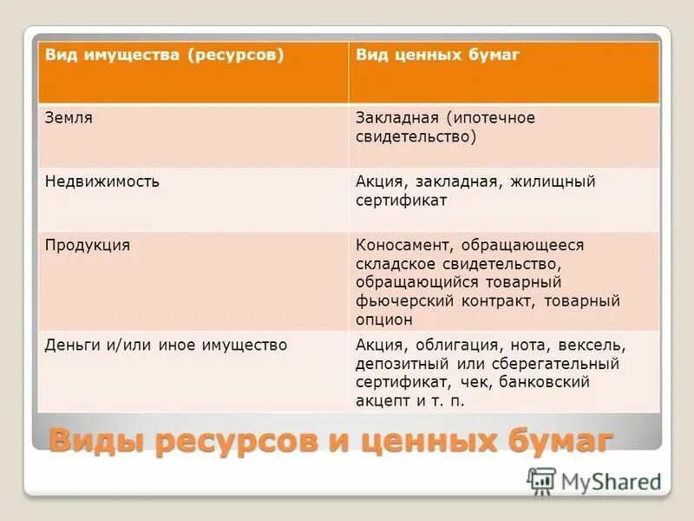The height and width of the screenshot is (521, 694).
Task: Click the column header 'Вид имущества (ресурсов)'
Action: (165, 56)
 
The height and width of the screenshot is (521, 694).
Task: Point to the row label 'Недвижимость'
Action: (101, 182)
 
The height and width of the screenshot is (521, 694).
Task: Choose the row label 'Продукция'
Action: (88, 246)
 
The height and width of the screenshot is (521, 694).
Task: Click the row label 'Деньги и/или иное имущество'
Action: (166, 346)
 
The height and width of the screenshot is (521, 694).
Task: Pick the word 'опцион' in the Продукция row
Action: (383, 320)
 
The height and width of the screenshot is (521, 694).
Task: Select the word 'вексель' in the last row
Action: (596, 346)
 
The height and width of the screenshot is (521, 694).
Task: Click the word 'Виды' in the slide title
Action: (96, 439)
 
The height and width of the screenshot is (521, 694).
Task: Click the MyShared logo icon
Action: (541, 480)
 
